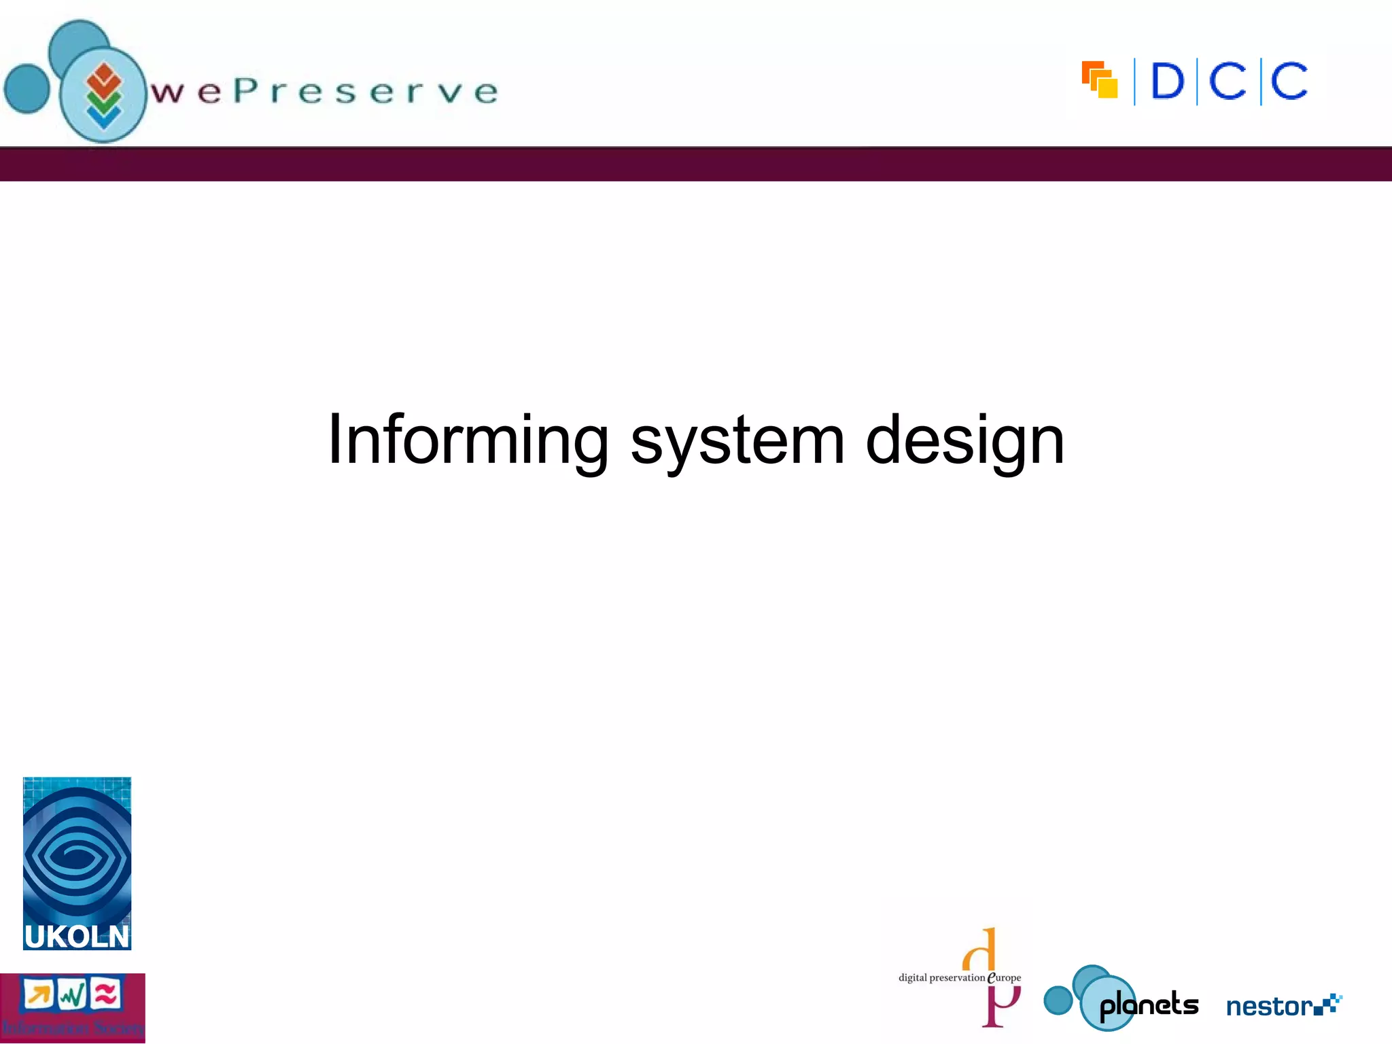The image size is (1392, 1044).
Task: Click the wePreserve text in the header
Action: (x=325, y=92)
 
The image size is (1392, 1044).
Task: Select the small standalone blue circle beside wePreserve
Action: (x=27, y=88)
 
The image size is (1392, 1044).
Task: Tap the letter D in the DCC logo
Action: (x=1168, y=82)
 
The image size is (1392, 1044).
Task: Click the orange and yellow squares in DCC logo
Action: (x=1100, y=80)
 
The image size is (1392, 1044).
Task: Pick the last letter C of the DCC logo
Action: (x=1289, y=82)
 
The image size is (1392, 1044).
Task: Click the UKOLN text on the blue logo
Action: (x=76, y=937)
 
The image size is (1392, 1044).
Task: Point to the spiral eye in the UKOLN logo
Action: (x=76, y=856)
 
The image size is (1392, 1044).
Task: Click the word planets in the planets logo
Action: (x=1149, y=1005)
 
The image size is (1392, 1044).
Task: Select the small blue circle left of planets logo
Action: (x=1058, y=1000)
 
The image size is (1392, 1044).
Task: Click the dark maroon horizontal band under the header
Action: (x=696, y=164)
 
